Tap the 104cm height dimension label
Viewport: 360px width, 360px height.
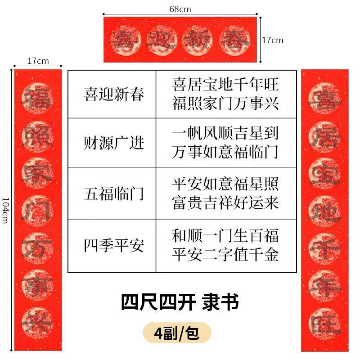pos(5,210)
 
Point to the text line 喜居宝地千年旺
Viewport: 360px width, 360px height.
pos(225,85)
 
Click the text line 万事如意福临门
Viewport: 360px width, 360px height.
pos(225,152)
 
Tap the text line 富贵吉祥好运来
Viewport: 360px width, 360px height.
pos(225,203)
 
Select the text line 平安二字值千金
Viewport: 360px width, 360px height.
pos(225,255)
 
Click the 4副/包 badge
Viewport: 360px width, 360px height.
pos(177,333)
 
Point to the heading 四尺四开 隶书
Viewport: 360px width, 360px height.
pos(180,302)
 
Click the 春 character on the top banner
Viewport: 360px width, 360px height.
pos(237,40)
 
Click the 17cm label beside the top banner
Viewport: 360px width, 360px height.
pos(273,40)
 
